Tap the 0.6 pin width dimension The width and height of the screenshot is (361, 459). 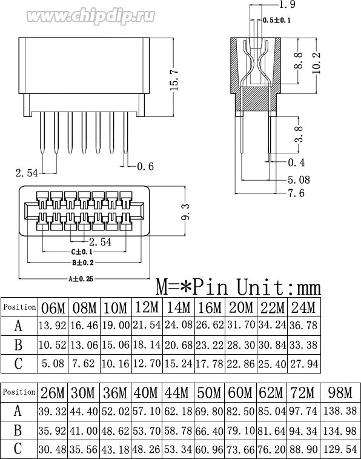(x=145, y=166)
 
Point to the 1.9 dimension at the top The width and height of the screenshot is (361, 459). (x=271, y=6)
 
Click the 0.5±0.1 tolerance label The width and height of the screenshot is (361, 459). (x=277, y=20)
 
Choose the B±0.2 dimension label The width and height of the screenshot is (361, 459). (x=82, y=263)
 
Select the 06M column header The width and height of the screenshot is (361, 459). (x=53, y=307)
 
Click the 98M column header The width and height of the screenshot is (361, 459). (x=340, y=392)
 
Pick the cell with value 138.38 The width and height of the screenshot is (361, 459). (x=340, y=410)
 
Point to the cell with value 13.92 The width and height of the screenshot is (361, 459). (x=53, y=326)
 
